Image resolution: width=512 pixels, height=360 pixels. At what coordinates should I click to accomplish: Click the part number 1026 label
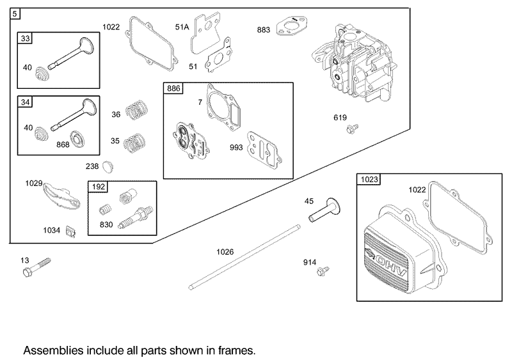[225, 252]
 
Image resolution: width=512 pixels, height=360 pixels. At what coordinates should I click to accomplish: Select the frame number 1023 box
[367, 180]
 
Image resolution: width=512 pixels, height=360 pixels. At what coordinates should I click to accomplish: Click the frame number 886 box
[173, 89]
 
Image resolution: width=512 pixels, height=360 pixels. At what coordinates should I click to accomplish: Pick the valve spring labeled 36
[136, 111]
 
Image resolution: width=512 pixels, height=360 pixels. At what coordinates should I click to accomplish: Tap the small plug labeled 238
[109, 166]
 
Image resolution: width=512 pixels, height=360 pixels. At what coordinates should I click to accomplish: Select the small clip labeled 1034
[72, 229]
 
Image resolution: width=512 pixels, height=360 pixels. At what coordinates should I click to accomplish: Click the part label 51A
[182, 26]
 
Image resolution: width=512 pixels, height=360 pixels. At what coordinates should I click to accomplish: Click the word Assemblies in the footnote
[49, 350]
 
